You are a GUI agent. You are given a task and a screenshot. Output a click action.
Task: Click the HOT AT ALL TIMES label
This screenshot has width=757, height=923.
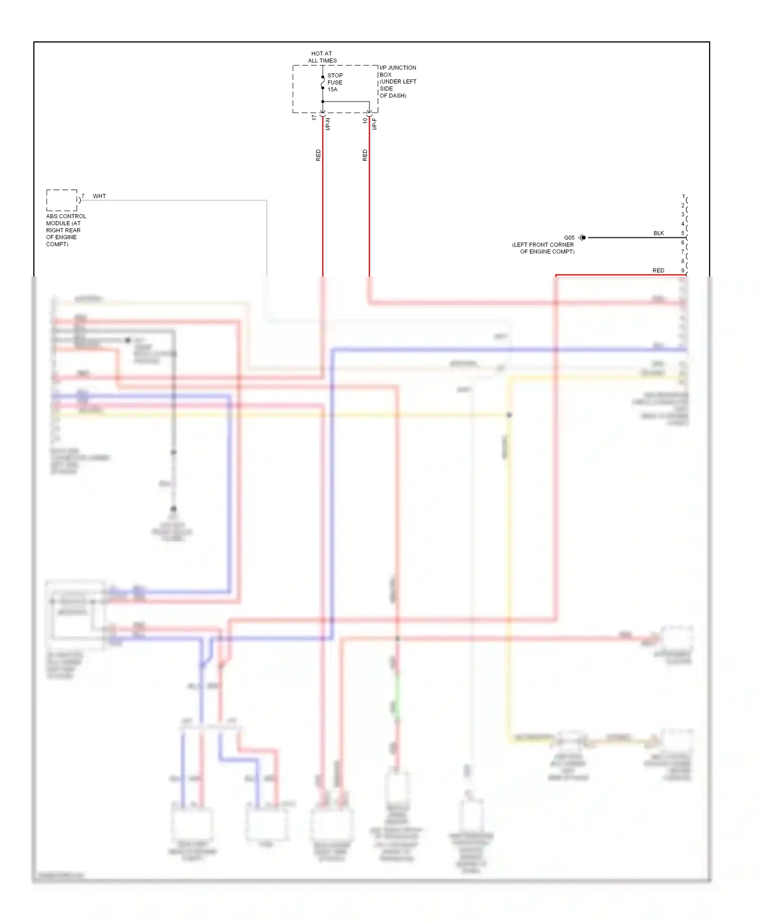(322, 57)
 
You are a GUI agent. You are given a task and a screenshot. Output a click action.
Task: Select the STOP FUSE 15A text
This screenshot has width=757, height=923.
(335, 82)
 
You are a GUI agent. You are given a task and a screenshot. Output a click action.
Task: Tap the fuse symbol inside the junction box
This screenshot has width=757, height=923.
(323, 82)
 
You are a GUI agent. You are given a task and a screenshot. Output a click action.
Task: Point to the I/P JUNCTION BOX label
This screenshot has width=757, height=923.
(398, 81)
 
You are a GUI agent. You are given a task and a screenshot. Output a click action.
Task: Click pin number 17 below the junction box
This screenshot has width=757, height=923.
(314, 118)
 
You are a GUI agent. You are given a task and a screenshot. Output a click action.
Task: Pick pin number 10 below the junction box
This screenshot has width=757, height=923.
(365, 121)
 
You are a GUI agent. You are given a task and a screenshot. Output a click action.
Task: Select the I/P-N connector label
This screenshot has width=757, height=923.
(328, 124)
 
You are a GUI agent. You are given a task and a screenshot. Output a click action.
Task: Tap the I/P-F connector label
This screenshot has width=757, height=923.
(374, 124)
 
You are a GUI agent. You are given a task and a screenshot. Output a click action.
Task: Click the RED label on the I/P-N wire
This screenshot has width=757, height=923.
(318, 155)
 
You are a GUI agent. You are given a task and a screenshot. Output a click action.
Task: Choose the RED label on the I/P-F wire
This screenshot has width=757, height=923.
(365, 155)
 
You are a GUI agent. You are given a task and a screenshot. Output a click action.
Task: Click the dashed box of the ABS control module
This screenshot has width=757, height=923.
(62, 200)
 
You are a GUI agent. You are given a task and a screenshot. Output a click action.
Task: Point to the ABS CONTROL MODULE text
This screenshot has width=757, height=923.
(66, 230)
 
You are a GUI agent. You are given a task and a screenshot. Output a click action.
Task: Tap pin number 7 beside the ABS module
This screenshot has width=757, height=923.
(83, 196)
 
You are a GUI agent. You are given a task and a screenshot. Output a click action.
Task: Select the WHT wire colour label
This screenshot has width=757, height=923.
(99, 196)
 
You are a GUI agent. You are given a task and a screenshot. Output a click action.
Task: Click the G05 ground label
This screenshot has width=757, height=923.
(569, 238)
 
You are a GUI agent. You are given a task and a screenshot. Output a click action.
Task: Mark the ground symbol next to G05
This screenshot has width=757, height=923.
(582, 237)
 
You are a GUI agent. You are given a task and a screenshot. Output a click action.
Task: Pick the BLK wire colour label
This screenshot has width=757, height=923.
(659, 233)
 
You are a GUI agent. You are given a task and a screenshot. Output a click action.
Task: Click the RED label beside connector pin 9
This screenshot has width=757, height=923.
(658, 271)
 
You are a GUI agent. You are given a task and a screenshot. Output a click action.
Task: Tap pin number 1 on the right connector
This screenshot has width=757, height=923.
(683, 196)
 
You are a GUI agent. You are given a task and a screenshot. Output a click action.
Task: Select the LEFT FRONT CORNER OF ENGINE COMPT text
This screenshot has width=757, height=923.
(544, 248)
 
